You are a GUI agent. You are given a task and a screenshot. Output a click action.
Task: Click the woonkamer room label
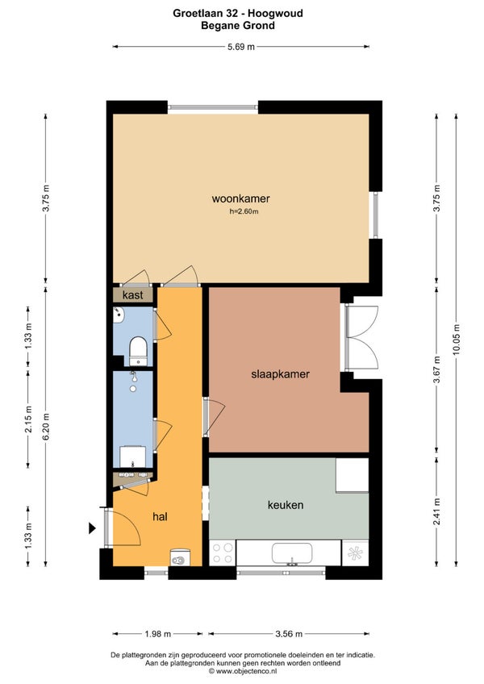[x=240, y=198]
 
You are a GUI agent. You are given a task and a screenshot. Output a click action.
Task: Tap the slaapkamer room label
[x=280, y=373]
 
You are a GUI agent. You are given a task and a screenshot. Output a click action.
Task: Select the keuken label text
[x=286, y=505]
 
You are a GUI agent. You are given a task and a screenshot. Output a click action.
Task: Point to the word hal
[x=161, y=517]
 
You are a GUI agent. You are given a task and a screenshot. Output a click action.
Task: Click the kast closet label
[x=132, y=295]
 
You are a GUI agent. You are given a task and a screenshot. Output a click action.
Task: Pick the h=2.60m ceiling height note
[x=244, y=211]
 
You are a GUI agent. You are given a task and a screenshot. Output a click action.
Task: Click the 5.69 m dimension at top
[x=241, y=47]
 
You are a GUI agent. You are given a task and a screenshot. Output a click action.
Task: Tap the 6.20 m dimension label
[x=46, y=426]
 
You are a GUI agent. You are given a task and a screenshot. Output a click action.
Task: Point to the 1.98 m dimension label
[x=157, y=634]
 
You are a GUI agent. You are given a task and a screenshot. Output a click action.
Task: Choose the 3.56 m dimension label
[x=289, y=634]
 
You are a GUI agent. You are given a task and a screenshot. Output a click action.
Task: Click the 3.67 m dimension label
[x=437, y=369]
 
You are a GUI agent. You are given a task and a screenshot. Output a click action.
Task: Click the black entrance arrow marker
[x=92, y=528]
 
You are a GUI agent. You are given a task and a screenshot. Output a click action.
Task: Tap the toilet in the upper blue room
[x=139, y=350]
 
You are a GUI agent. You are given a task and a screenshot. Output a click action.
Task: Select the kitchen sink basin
[x=292, y=553]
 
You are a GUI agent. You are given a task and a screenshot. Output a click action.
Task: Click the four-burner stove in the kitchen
[x=223, y=553]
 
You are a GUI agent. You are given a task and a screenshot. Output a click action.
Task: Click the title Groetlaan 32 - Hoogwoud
[x=238, y=13]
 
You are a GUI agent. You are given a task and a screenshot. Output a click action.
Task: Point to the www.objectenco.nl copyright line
[x=242, y=671]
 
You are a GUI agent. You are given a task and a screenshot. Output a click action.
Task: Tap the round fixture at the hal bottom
[x=180, y=558]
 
